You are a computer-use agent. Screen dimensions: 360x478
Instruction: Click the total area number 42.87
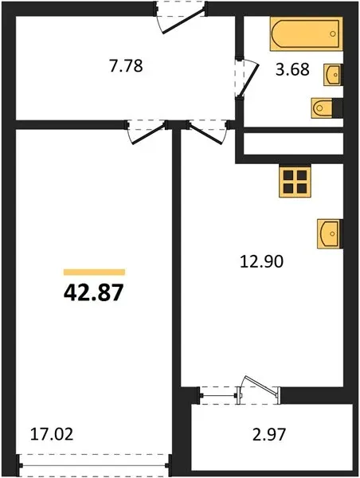[x=93, y=292]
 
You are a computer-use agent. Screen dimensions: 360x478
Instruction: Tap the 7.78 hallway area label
[x=126, y=66]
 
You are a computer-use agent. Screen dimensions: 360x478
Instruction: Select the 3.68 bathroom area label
[x=292, y=69]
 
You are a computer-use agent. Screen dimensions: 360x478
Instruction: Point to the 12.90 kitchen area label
[x=261, y=261]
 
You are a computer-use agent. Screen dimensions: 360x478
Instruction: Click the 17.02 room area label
[x=52, y=434]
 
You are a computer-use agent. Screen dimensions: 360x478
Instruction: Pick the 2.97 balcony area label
[x=269, y=434]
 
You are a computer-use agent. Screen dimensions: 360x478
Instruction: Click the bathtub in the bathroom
[x=306, y=33]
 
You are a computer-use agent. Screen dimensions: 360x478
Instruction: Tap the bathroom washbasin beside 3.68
[x=333, y=74]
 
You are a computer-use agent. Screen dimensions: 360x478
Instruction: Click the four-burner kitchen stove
[x=295, y=182]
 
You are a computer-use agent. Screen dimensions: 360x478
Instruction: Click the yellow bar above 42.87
[x=94, y=272]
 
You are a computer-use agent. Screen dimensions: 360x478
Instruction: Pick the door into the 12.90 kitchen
[x=205, y=134]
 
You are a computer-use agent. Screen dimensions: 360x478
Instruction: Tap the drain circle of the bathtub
[x=333, y=33]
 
